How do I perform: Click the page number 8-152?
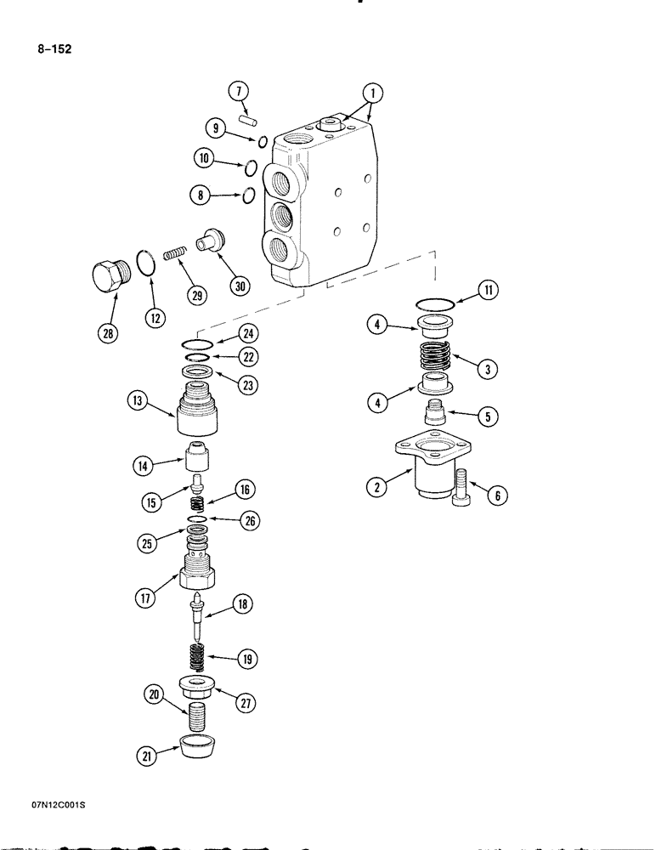coord(53,49)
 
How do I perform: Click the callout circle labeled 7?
coord(240,91)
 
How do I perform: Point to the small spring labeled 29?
coord(174,254)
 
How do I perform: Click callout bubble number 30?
coord(240,286)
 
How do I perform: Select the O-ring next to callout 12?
coord(145,263)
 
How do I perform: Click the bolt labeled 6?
coord(463,488)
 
